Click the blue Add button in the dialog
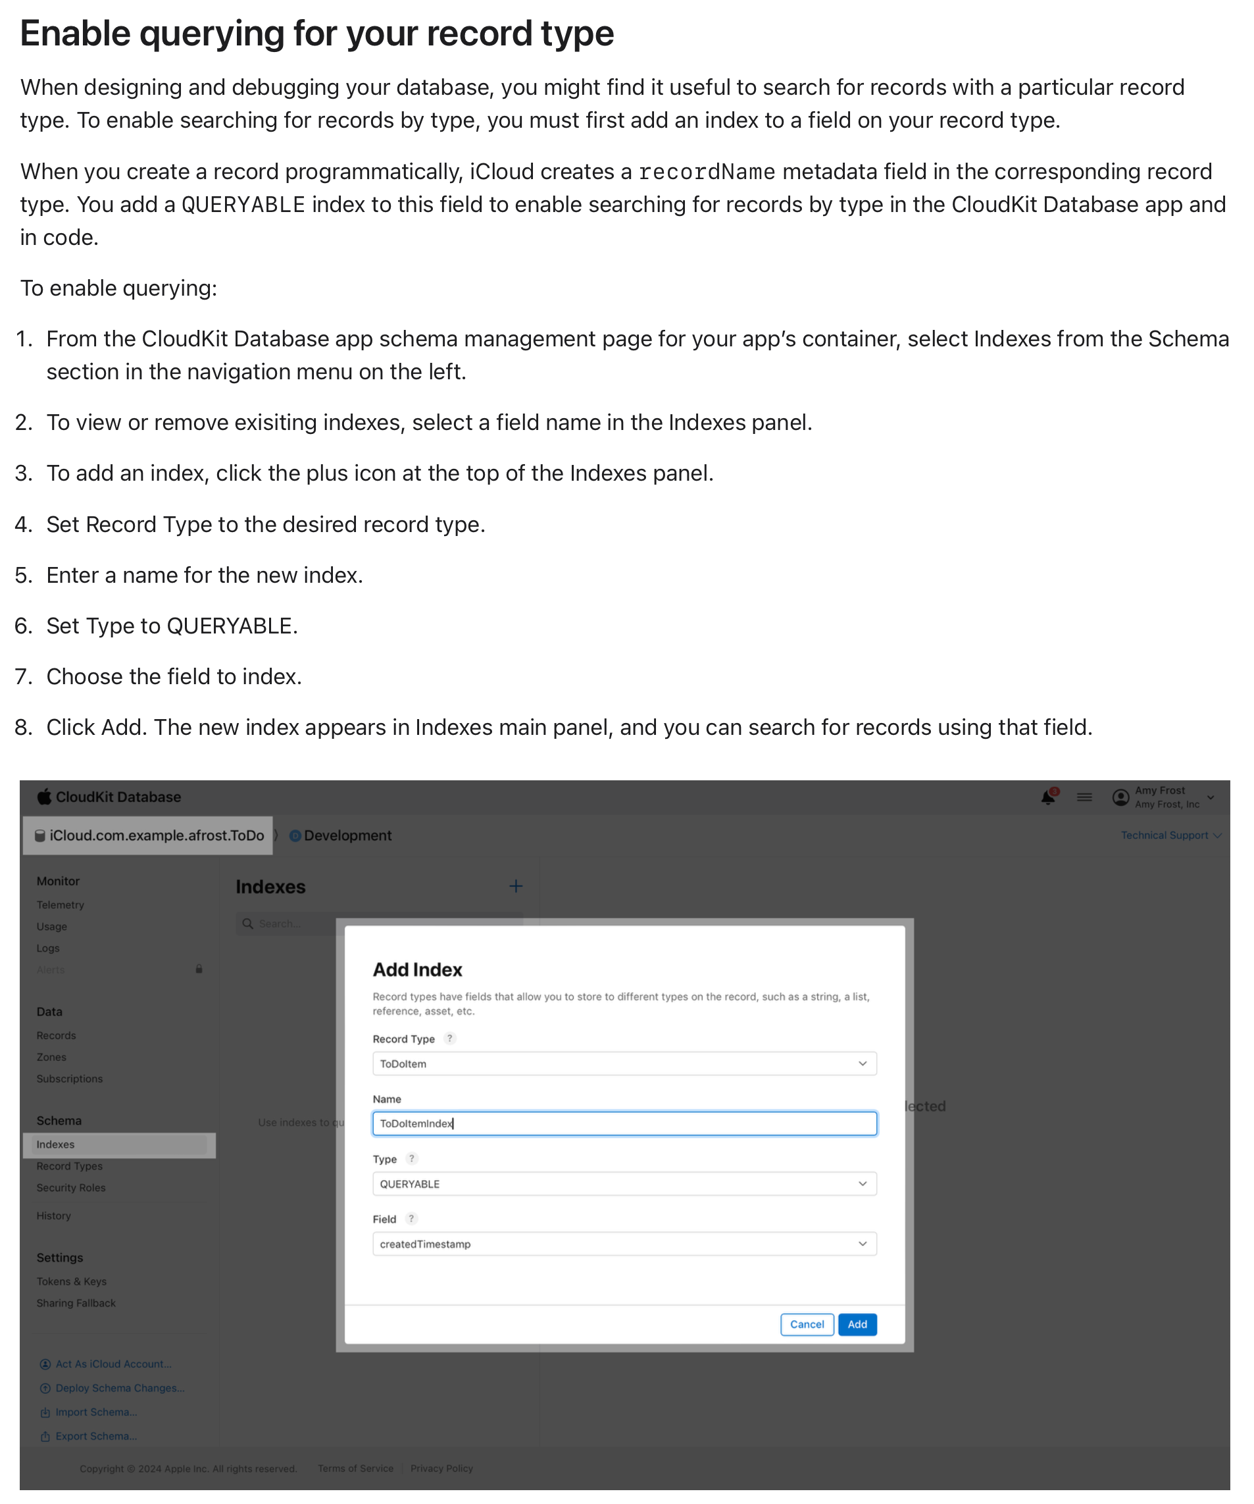[857, 1324]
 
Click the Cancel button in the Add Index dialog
[807, 1324]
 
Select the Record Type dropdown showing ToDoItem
[624, 1063]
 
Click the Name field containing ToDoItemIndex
[624, 1123]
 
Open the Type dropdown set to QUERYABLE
[624, 1184]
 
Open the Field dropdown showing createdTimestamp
[624, 1244]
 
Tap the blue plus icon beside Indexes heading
[515, 886]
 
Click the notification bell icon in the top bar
[1048, 797]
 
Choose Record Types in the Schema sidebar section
[70, 1166]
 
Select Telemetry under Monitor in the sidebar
[60, 905]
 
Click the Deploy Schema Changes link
[120, 1388]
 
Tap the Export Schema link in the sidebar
[96, 1436]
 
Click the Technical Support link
[1165, 835]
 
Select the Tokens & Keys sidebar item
[72, 1281]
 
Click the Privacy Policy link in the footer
[441, 1468]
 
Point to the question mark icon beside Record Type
[449, 1038]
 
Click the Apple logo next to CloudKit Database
[44, 796]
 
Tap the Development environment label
[347, 835]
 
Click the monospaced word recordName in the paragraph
[707, 172]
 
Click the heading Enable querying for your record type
[317, 34]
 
